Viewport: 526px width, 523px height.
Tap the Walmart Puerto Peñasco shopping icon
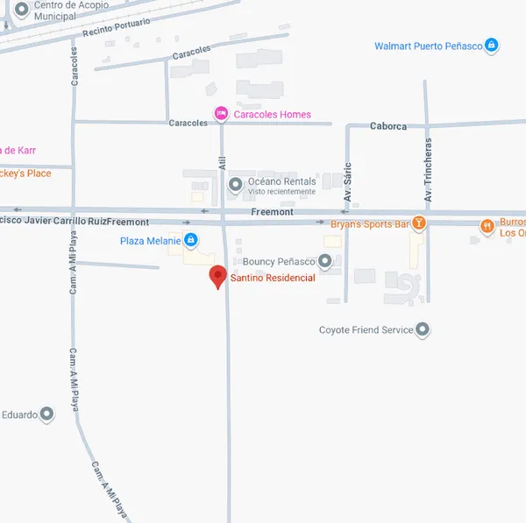tap(492, 46)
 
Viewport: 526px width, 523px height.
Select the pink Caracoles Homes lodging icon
tap(222, 114)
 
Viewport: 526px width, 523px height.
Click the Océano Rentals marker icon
tap(235, 184)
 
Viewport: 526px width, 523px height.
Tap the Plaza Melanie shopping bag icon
tap(190, 240)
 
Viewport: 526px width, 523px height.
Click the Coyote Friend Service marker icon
tap(423, 330)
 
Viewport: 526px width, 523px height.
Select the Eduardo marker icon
tap(47, 413)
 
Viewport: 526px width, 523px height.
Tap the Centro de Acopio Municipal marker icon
tap(21, 8)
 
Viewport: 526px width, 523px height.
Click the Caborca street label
tap(388, 126)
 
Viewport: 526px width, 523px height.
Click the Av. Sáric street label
tap(347, 183)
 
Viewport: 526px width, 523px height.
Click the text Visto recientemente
tap(281, 192)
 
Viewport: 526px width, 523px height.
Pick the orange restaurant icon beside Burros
tap(487, 225)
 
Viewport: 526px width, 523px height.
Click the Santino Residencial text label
tap(272, 279)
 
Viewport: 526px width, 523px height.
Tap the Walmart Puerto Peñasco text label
tap(428, 46)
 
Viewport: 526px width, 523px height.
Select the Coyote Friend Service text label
tap(366, 330)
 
